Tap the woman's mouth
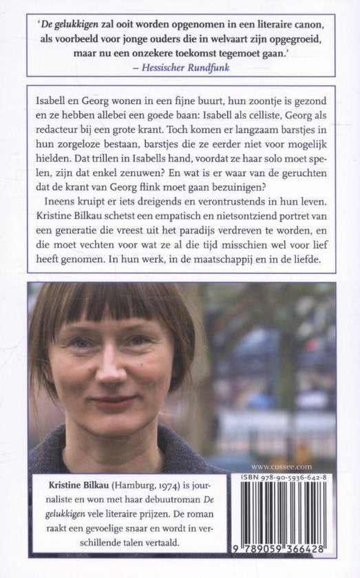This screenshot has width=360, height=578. tap(113, 401)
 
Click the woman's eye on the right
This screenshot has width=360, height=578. tap(140, 340)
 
